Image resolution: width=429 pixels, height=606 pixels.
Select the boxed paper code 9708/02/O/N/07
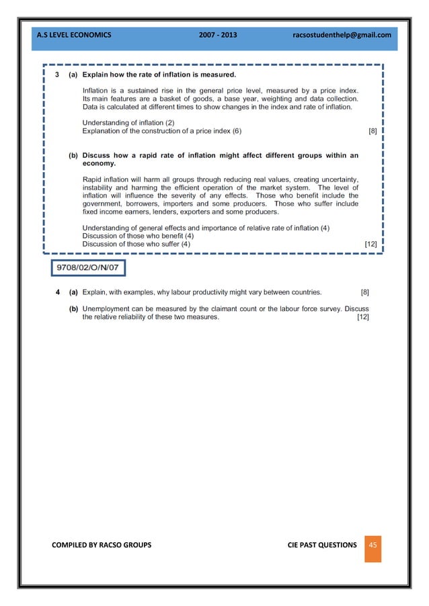pyautogui.click(x=89, y=269)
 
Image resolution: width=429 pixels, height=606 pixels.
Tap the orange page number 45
pyautogui.click(x=373, y=544)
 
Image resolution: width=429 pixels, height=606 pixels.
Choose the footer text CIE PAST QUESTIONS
pyautogui.click(x=317, y=545)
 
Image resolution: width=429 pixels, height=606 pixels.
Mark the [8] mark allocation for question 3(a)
pyautogui.click(x=373, y=132)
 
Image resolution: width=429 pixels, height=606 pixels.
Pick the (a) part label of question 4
pyautogui.click(x=73, y=292)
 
